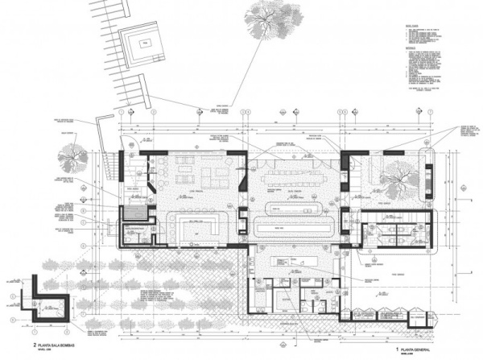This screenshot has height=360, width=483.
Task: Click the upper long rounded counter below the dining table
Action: pyautogui.click(x=295, y=208)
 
